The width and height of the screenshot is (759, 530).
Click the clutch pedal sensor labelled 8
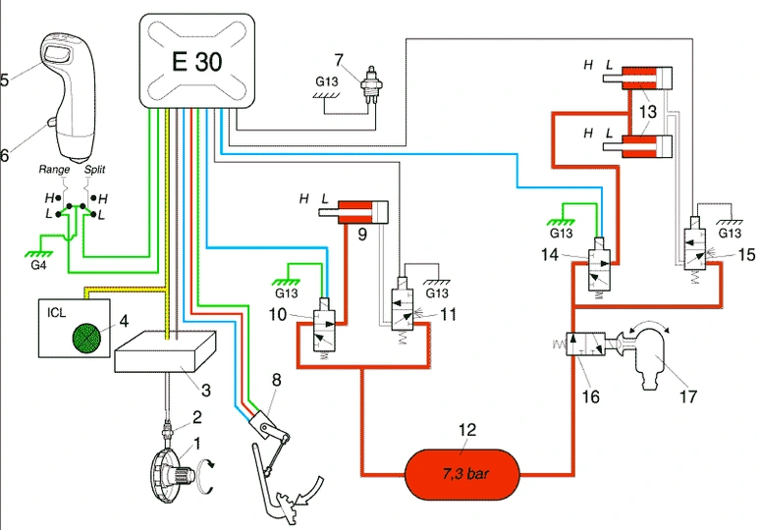point(265,425)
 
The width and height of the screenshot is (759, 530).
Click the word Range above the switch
point(55,170)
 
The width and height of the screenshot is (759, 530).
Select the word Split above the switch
point(95,170)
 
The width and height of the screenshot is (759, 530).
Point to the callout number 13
point(645,111)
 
